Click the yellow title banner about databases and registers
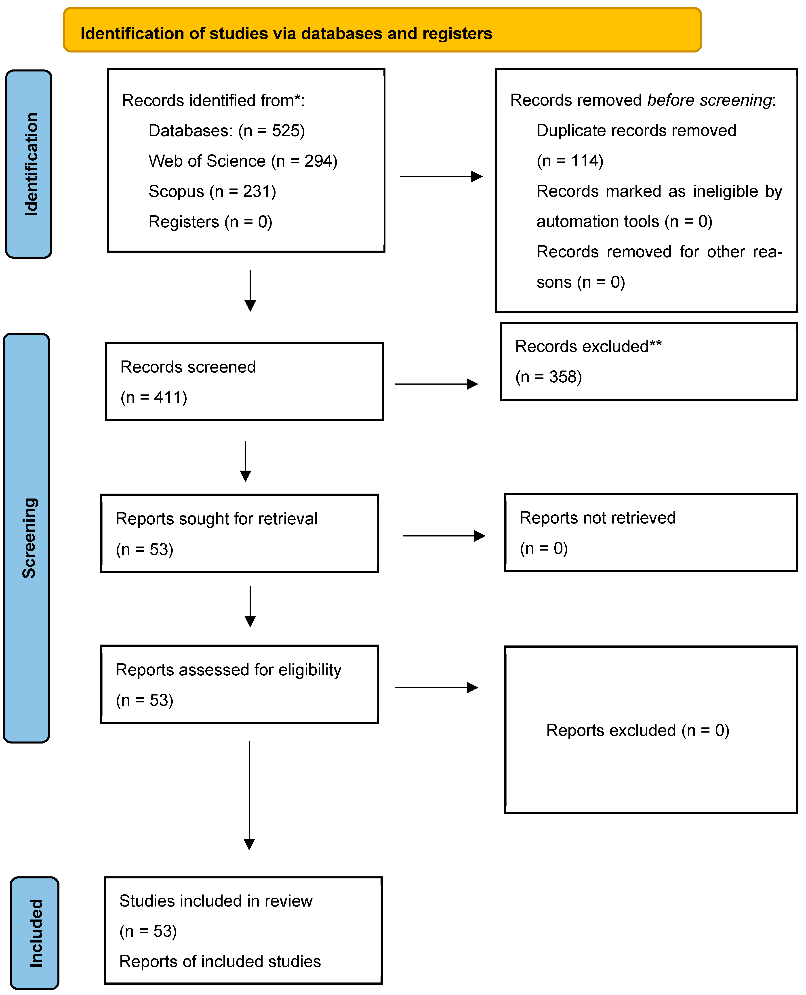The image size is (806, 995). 382,30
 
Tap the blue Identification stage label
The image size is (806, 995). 29,164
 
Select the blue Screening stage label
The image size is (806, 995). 26,538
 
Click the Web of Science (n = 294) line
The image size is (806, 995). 243,161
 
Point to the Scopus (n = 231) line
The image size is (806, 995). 212,191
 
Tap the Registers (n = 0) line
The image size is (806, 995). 210,222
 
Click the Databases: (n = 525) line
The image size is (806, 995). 227,131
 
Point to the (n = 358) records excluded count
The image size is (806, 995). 548,377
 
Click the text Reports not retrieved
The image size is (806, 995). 598,518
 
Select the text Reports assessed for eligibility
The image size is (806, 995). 228,670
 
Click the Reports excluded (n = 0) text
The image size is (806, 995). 638,731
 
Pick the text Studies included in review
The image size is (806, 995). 216,901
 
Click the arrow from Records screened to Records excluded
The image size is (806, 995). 436,384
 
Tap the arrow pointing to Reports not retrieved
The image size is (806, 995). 444,536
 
